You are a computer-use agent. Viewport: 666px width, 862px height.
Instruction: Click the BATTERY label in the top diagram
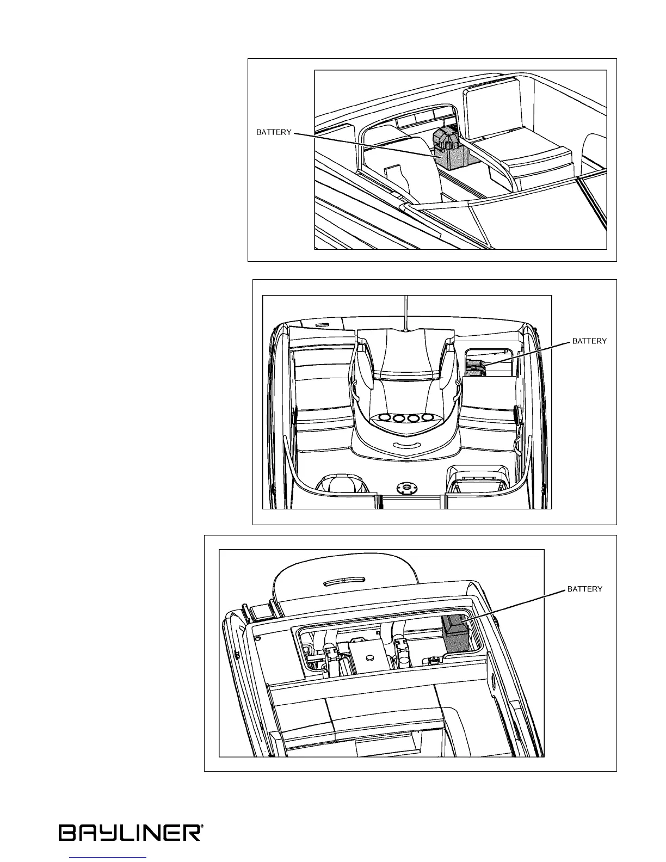coord(274,132)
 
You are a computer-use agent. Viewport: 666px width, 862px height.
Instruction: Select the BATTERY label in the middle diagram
coord(589,341)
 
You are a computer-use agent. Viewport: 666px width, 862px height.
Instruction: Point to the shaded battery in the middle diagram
coord(475,368)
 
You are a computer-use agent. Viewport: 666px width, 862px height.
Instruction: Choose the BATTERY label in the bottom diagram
coord(585,589)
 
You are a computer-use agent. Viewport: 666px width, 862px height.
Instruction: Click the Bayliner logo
coord(131,833)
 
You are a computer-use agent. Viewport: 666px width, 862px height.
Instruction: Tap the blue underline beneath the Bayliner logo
coord(109,858)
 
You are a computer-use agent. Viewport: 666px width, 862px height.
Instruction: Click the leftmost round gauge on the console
coord(385,418)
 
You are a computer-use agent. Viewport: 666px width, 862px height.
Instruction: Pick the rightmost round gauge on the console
coord(429,418)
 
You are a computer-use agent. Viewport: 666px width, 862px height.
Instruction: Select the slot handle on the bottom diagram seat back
coord(345,581)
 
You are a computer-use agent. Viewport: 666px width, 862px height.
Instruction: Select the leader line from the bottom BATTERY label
coord(514,605)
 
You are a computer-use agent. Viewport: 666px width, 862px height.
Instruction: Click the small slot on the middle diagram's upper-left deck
coord(322,324)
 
